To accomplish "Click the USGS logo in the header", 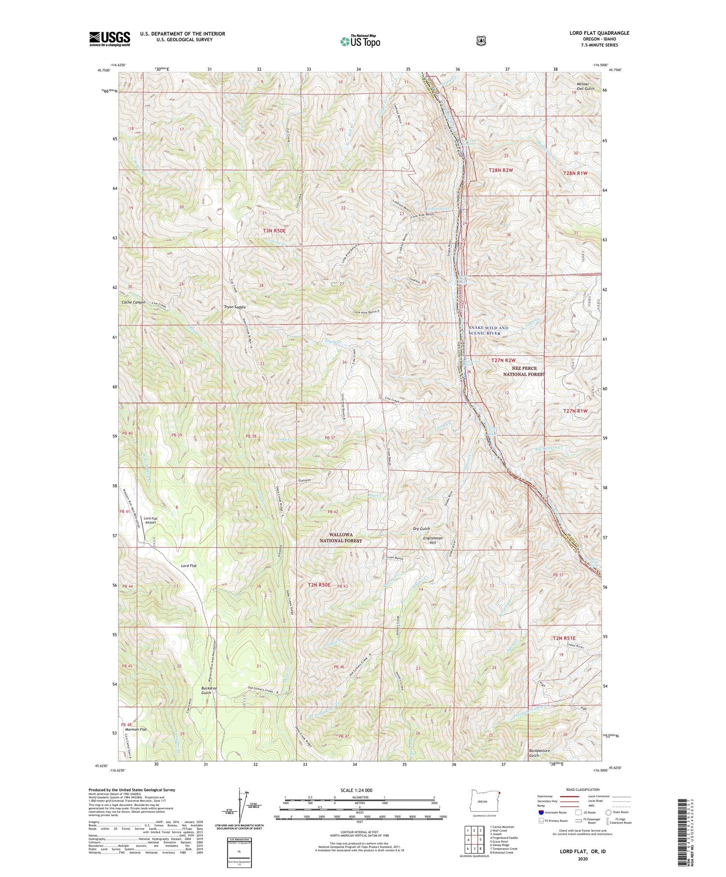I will tap(109, 39).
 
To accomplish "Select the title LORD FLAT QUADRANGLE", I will tap(599, 33).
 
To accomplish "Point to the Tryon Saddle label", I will tap(235, 307).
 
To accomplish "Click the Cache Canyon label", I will tap(133, 302).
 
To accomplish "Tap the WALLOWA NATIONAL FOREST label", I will tap(341, 538).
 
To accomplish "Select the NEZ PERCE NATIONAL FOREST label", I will tap(524, 371).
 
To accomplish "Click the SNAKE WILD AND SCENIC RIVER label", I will tap(488, 330).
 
